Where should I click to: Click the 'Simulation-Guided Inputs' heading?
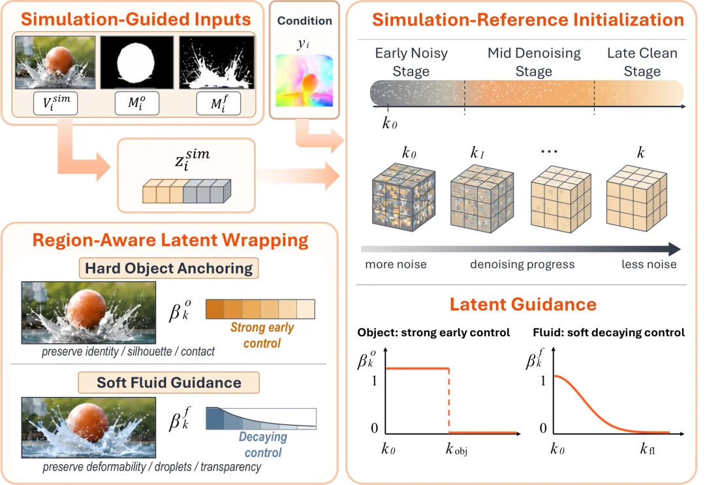click(x=136, y=20)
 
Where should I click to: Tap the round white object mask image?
click(x=136, y=63)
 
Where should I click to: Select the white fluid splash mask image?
click(x=217, y=63)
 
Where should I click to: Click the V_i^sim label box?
click(x=55, y=103)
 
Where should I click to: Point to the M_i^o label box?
click(x=136, y=103)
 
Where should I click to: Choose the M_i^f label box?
click(x=219, y=103)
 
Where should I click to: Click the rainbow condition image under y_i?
click(x=304, y=80)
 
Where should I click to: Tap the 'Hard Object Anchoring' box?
click(x=168, y=268)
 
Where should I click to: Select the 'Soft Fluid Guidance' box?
click(x=168, y=383)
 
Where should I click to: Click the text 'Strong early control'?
click(x=262, y=336)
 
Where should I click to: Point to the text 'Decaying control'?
click(x=263, y=445)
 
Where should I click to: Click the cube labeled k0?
click(x=404, y=197)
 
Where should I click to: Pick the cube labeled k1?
click(x=482, y=198)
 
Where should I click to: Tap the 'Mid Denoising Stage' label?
click(x=534, y=62)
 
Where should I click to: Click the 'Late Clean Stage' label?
click(x=642, y=62)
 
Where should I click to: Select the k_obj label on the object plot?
click(x=456, y=449)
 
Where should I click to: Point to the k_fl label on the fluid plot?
click(x=648, y=448)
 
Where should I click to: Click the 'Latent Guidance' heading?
click(x=523, y=304)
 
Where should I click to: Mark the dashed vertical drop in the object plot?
click(x=448, y=401)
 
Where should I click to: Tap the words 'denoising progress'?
click(x=522, y=264)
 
